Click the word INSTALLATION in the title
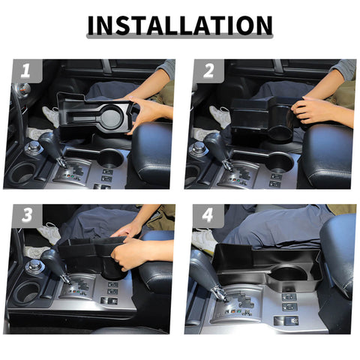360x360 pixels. [179, 26]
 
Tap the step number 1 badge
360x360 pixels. [25, 72]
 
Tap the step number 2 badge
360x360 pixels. [206, 72]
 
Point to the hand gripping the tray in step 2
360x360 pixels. [315, 110]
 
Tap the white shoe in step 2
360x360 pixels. [220, 115]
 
